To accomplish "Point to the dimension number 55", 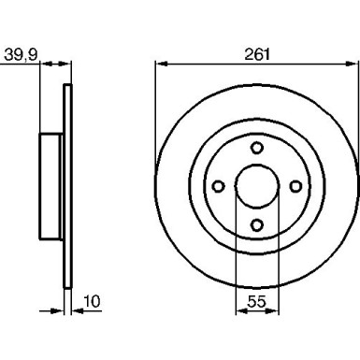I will [258, 301].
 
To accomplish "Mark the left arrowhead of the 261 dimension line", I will [159, 65].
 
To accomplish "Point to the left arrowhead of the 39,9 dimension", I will [44, 65].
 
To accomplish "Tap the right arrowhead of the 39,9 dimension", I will [68, 65].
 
